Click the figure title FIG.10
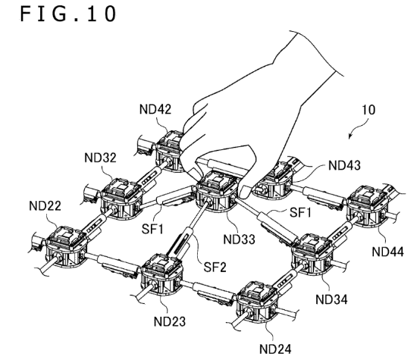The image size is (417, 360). tap(68, 14)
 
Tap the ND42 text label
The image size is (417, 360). tap(155, 109)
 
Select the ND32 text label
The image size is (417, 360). tap(100, 158)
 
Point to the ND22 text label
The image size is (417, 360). tap(45, 206)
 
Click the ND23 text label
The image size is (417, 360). tap(170, 321)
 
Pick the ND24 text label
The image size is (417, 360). tap(275, 349)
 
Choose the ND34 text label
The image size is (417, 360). tap(331, 299)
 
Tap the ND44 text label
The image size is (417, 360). tap(387, 252)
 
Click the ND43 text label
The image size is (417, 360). tap(345, 165)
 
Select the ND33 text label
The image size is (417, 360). tap(239, 239)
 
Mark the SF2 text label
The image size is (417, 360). tap(215, 267)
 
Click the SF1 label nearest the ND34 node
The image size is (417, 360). tap(300, 212)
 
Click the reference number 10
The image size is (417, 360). tap(369, 110)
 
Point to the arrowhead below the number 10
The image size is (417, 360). tap(350, 136)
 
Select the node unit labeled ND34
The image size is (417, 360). tap(312, 254)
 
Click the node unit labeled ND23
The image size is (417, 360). tap(162, 274)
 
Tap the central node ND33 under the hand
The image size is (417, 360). tap(217, 191)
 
